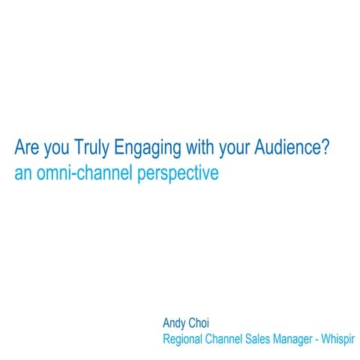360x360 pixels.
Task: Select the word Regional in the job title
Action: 184,339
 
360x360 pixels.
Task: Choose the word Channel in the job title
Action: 229,339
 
